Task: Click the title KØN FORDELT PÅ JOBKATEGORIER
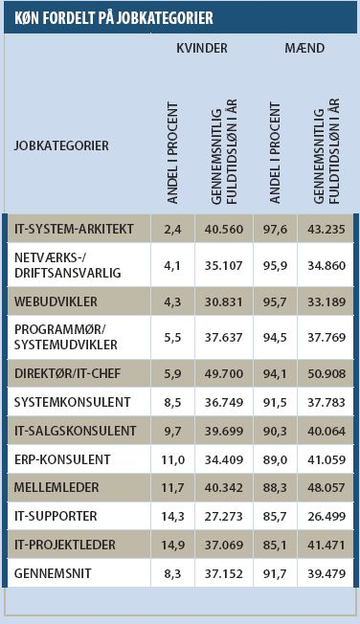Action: pos(114,17)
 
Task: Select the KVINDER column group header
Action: pos(202,48)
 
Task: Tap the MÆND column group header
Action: pos(304,48)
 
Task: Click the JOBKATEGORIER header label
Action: pos(61,145)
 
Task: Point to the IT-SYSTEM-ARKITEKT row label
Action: pos(74,230)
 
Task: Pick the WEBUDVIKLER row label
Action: pos(56,301)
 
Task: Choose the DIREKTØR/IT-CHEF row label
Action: pos(67,373)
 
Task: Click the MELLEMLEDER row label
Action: pos(56,487)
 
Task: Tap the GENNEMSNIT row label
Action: pos(53,573)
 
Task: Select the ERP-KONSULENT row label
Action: pos(62,459)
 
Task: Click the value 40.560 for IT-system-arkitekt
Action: pos(224,230)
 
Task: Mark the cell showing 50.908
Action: pos(326,373)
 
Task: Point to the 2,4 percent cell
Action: pos(172,230)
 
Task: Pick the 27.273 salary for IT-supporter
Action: pos(224,516)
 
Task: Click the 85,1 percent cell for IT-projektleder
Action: pos(275,546)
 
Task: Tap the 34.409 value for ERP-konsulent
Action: pos(224,459)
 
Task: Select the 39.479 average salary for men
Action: pos(326,573)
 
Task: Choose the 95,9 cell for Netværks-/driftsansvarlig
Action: pos(275,266)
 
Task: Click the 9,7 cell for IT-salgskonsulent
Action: pos(172,432)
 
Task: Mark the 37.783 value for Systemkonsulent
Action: pos(326,402)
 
